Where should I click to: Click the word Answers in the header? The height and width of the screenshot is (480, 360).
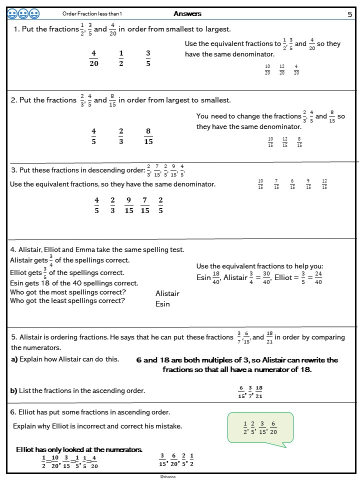tap(187, 13)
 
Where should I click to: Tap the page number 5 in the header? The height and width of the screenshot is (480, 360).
tap(350, 14)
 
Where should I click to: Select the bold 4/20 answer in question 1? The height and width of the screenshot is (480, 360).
tap(93, 58)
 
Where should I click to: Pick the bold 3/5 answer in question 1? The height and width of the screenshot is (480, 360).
tap(148, 58)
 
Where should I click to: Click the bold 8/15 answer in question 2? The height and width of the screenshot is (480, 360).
tap(148, 136)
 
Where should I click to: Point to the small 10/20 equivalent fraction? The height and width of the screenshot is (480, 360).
tap(267, 70)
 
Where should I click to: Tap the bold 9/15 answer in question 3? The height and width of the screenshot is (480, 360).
tap(129, 205)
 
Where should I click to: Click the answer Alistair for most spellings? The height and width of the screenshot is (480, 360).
tap(167, 293)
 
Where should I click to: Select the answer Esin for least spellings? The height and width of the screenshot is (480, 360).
tap(162, 304)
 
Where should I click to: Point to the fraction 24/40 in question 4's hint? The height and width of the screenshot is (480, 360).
tap(318, 277)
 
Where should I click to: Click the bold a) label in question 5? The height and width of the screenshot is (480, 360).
tap(14, 359)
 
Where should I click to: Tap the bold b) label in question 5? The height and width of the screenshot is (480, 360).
tap(14, 390)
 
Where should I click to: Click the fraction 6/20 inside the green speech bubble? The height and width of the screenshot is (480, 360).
tap(273, 428)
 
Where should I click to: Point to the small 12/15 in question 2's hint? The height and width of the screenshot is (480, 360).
tap(285, 142)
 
